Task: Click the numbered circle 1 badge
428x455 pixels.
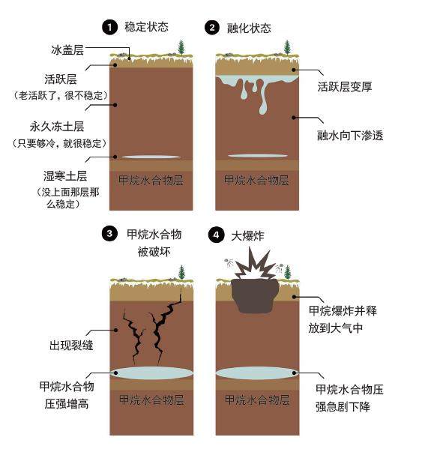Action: click(x=109, y=27)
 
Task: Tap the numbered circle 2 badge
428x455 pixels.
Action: click(x=212, y=28)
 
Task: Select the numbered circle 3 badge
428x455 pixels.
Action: click(x=109, y=234)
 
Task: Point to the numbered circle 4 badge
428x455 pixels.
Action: click(x=216, y=235)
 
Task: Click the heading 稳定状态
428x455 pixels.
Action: click(x=146, y=27)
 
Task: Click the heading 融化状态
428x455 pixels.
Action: click(x=249, y=28)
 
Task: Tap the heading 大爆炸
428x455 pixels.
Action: click(x=247, y=236)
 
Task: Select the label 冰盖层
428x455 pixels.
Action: click(x=67, y=50)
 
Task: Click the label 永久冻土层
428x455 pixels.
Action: click(x=57, y=127)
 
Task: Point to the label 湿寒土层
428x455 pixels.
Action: click(x=65, y=176)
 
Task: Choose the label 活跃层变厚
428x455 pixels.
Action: click(x=345, y=87)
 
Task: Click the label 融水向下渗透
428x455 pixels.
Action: click(x=350, y=136)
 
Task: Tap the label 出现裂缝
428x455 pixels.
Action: click(x=71, y=346)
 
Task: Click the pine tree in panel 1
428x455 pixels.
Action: click(x=181, y=47)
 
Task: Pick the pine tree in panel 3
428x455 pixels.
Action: click(x=181, y=272)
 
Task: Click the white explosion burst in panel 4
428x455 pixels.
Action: click(x=255, y=265)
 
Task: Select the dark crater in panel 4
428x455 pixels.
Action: click(x=255, y=295)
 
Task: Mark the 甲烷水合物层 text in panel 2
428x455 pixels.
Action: click(x=256, y=180)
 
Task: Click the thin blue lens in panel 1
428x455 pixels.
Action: click(x=151, y=157)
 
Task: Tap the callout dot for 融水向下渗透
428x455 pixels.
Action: click(x=294, y=118)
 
